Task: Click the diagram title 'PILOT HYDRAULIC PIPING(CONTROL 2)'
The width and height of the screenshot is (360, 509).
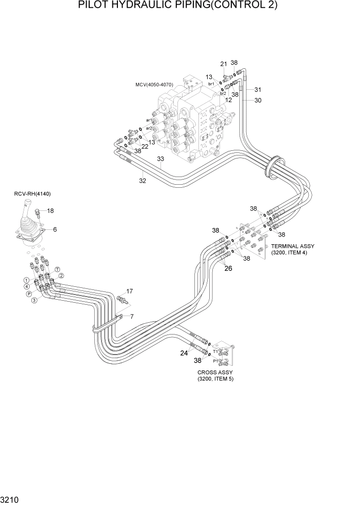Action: point(177,6)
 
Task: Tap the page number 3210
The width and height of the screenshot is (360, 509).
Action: point(11,499)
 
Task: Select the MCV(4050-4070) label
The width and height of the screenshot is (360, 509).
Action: point(154,84)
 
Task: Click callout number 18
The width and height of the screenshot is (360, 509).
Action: point(51,211)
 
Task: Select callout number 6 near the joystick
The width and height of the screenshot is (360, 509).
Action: point(55,229)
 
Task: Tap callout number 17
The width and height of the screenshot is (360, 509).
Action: point(130,291)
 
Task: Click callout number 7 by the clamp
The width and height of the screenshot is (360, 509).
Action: point(132,317)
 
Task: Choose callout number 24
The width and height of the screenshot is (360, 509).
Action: point(184,353)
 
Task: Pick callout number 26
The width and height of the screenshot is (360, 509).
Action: point(228,268)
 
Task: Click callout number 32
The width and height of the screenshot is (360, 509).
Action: point(142,180)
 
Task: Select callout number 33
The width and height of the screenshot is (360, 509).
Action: point(161,159)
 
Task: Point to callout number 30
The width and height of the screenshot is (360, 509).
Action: point(257,101)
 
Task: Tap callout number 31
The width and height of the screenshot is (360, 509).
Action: point(257,89)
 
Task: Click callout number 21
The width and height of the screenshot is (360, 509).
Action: point(223,64)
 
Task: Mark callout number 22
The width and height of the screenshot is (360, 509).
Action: point(145,146)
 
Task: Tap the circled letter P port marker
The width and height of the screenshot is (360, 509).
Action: point(29,294)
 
